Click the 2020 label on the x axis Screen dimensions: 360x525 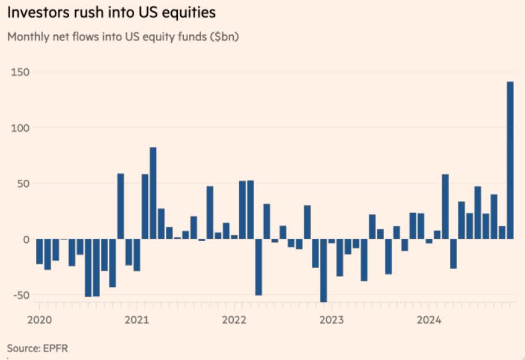point(39,319)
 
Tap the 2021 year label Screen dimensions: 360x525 point(137,319)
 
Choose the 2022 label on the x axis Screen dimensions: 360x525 point(234,319)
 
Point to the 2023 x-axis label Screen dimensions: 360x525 point(331,319)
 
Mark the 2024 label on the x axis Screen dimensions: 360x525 point(429,319)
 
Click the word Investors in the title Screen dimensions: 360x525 point(34,13)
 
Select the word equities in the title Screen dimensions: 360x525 point(189,13)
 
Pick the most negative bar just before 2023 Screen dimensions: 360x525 point(323,270)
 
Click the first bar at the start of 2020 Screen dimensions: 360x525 point(39,251)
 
